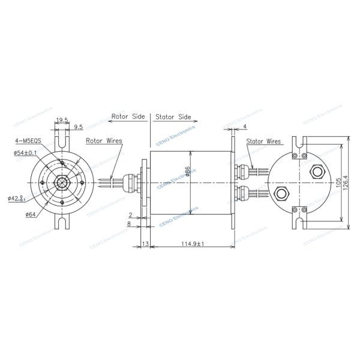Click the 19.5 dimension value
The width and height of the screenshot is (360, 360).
pos(62,121)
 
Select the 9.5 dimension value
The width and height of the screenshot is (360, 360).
pos(78,127)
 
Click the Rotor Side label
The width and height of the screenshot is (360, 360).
pos(128,116)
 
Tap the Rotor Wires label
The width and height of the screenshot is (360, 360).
pos(104,142)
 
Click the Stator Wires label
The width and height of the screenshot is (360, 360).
pos(263,142)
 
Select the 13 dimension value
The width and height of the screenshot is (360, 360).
pos(145,244)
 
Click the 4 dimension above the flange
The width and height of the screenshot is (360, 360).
pos(245,127)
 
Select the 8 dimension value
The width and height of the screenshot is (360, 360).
pos(130,224)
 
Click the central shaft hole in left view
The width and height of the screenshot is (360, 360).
pos(62,182)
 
